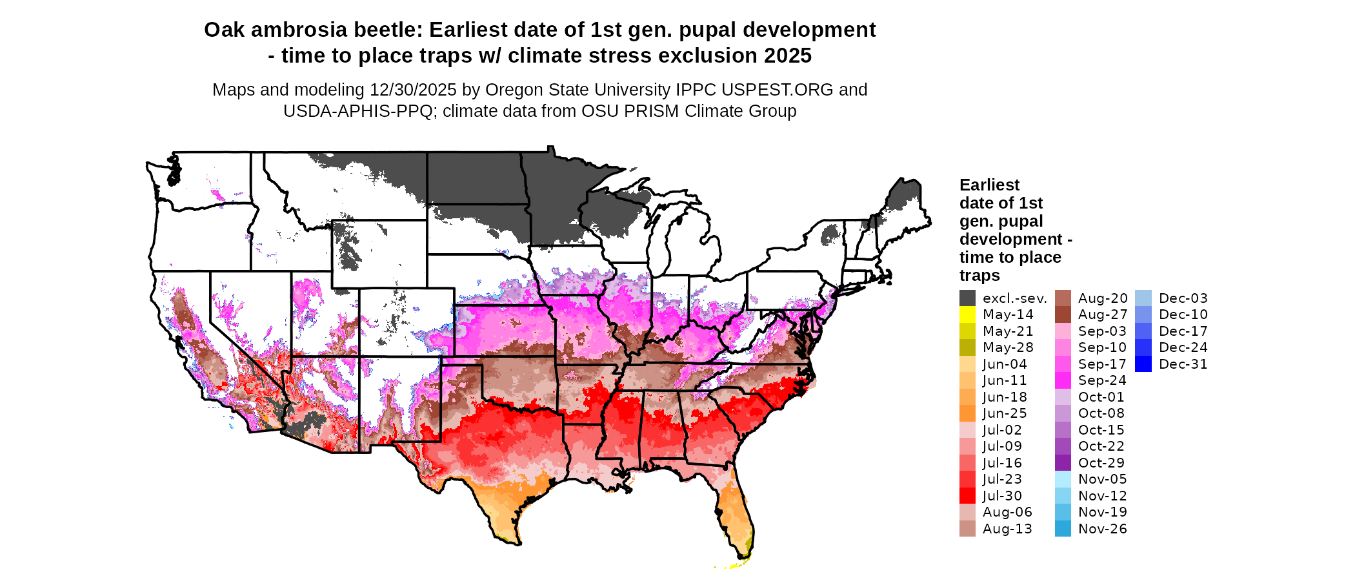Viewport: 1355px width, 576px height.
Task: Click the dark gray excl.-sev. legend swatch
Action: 967,298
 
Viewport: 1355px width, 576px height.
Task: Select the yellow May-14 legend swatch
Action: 967,314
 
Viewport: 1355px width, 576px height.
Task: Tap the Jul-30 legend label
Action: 1002,496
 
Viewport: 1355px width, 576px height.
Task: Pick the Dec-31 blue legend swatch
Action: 1143,364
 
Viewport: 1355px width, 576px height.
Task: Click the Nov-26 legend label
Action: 1102,529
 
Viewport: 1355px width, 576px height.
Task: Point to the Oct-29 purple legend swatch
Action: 1063,463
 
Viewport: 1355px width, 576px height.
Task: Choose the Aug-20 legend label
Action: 1102,298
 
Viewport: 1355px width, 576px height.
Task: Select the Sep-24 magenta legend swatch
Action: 1063,380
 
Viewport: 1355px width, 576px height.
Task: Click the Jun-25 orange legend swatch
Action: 967,413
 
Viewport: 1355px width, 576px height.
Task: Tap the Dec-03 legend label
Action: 1183,298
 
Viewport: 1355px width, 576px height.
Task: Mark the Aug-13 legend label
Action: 1007,529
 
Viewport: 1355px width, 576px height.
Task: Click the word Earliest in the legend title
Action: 989,185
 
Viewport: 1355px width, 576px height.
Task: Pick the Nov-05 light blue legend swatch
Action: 1063,479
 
